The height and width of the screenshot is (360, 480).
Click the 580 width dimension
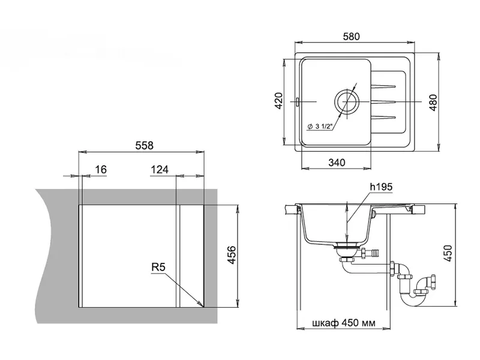pos(351,37)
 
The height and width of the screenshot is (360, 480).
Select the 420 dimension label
pos(278,101)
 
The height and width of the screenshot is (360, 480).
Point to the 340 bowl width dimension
pos(337,162)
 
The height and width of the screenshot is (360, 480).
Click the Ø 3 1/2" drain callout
pos(320,126)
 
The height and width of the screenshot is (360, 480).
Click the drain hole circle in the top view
pos(347,101)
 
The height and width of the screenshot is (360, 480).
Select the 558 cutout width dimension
pos(144,145)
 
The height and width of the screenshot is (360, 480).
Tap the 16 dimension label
pos(101,169)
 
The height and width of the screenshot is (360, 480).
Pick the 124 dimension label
pos(160,169)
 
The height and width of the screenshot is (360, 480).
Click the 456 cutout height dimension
pos(232,254)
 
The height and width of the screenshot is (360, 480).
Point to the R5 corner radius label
pos(158,267)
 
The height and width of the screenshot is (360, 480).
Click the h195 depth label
pos(381,187)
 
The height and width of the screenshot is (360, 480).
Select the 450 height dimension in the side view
pos(448,253)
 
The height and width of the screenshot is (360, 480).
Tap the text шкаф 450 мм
pos(344,323)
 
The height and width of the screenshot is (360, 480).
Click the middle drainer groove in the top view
pos(383,101)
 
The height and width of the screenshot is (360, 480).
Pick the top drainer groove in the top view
pos(383,86)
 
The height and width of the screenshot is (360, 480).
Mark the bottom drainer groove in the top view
pos(383,117)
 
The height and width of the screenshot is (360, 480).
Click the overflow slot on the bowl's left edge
pos(297,101)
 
